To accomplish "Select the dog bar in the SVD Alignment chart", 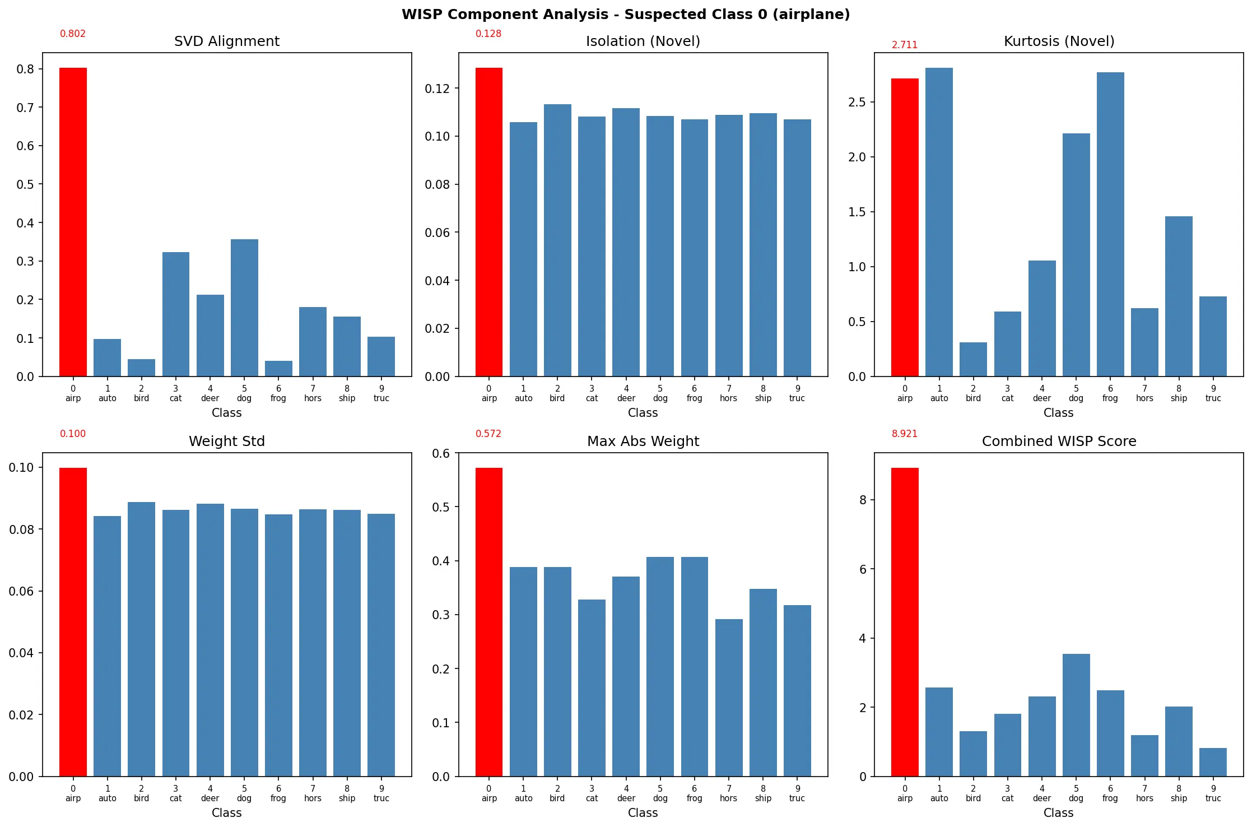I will pos(244,308).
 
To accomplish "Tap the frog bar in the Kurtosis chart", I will pos(1110,224).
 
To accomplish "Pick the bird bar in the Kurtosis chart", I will pos(973,359).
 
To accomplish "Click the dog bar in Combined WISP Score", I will pos(1076,715).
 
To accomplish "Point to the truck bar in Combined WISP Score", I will pos(1213,762).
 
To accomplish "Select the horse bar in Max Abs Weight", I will pos(728,698).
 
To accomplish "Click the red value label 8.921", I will pos(904,434).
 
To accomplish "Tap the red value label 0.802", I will pos(73,34).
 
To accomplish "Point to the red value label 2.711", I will pos(904,45).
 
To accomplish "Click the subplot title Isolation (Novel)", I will pos(643,41).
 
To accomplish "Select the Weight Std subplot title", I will pos(226,442).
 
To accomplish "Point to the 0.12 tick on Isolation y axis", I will pos(437,89).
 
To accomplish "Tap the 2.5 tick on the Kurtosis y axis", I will pos(857,102).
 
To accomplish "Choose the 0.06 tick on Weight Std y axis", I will pos(21,591).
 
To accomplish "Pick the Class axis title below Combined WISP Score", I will pos(1058,812).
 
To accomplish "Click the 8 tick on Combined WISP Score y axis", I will pos(863,500).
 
